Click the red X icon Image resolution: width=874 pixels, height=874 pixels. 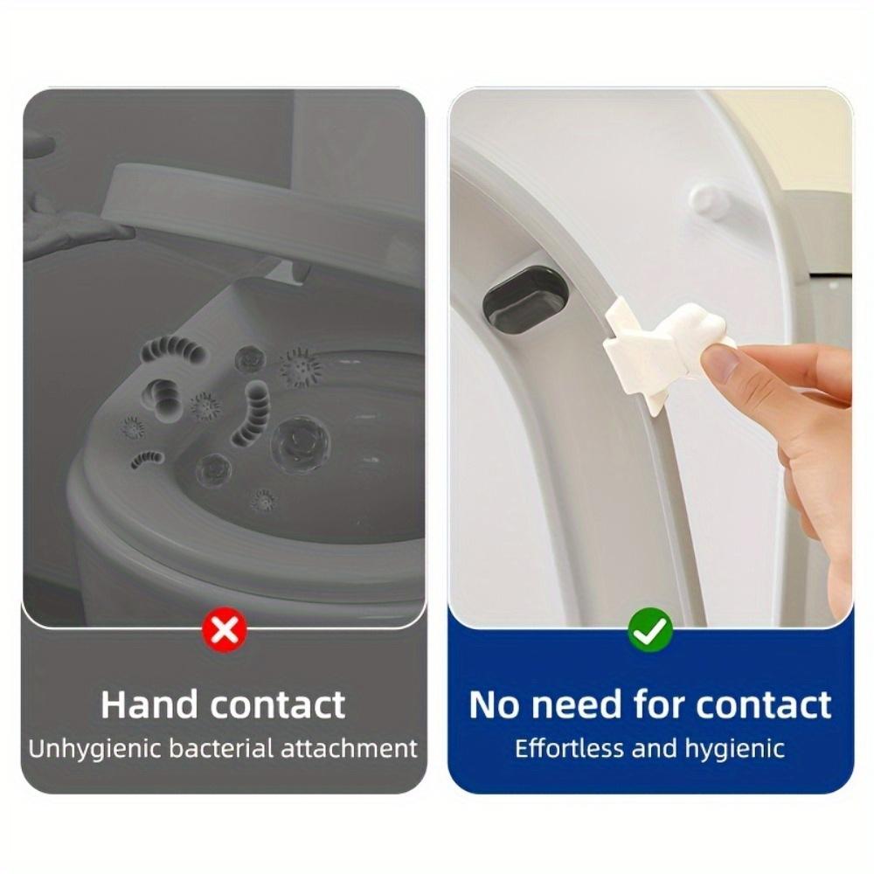[x=225, y=629]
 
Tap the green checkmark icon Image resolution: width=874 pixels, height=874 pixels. [x=650, y=628]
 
